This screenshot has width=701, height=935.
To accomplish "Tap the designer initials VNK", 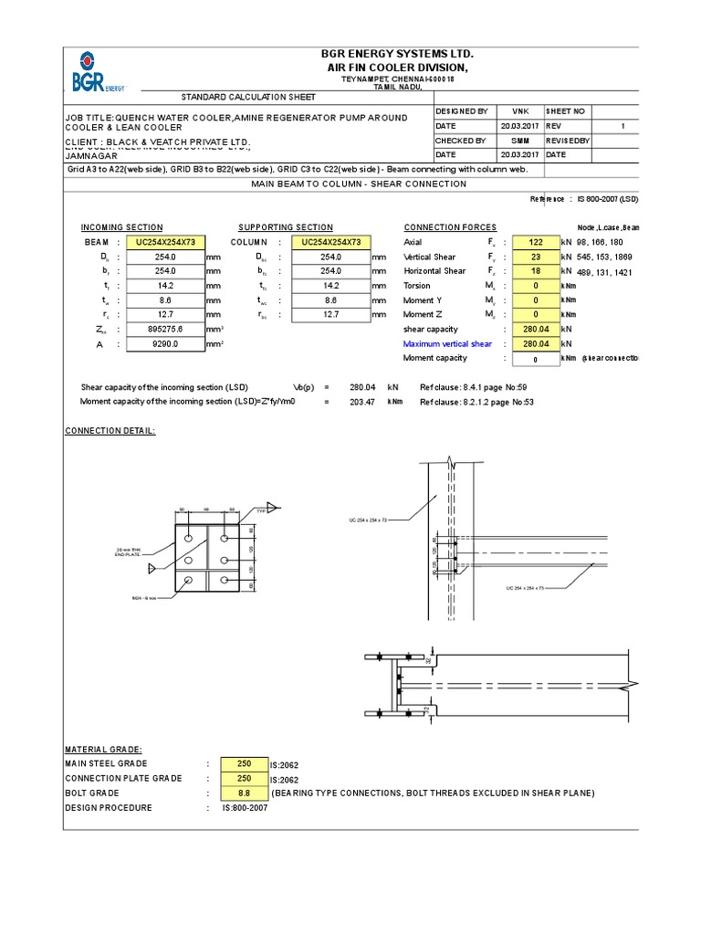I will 519,110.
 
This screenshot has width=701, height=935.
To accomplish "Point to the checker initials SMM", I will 519,142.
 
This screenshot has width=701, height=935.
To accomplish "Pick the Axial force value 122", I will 536,242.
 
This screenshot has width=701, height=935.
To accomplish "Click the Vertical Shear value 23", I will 536,257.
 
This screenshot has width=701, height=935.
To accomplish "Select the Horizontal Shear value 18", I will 536,271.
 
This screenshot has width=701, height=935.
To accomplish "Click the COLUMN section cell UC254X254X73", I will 330,242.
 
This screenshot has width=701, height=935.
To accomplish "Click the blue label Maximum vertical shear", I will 447,344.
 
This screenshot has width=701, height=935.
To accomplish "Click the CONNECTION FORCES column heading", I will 450,227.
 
